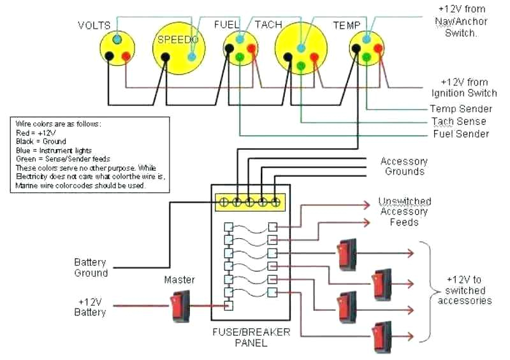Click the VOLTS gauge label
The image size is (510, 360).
tap(94, 25)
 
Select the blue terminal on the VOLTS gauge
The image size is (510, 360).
tap(117, 40)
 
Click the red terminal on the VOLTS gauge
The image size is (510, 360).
tap(126, 56)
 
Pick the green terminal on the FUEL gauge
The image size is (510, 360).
tap(240, 58)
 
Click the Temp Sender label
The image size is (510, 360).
tap(461, 109)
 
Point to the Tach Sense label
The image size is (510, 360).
tap(458, 121)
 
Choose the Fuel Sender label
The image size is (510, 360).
tap(461, 134)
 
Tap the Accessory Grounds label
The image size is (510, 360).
tap(404, 166)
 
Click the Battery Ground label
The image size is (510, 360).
tap(91, 268)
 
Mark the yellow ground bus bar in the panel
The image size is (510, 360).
tap(251, 201)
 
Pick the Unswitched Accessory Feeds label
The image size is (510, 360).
tap(404, 212)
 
